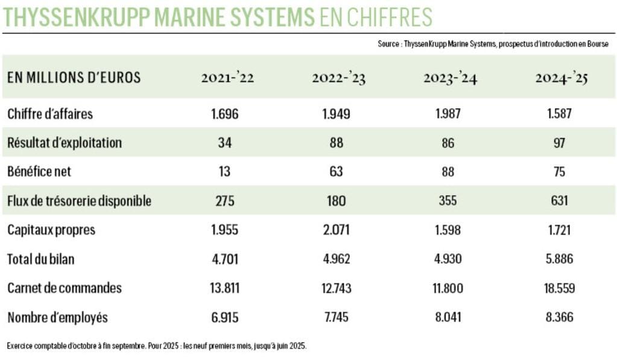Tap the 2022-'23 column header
(338, 78)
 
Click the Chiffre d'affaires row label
(50, 114)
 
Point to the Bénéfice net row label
(39, 171)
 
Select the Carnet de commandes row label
(65, 288)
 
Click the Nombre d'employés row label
(58, 317)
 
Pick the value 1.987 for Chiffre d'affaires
(450, 114)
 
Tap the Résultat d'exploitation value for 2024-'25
(560, 143)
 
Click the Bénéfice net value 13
(225, 171)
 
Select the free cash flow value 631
(559, 201)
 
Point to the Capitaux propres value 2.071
(337, 230)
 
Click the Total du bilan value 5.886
(559, 259)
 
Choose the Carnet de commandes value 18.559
(559, 288)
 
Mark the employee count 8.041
(450, 317)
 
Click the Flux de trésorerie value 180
(337, 201)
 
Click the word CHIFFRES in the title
(391, 17)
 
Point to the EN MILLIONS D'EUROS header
(74, 78)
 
